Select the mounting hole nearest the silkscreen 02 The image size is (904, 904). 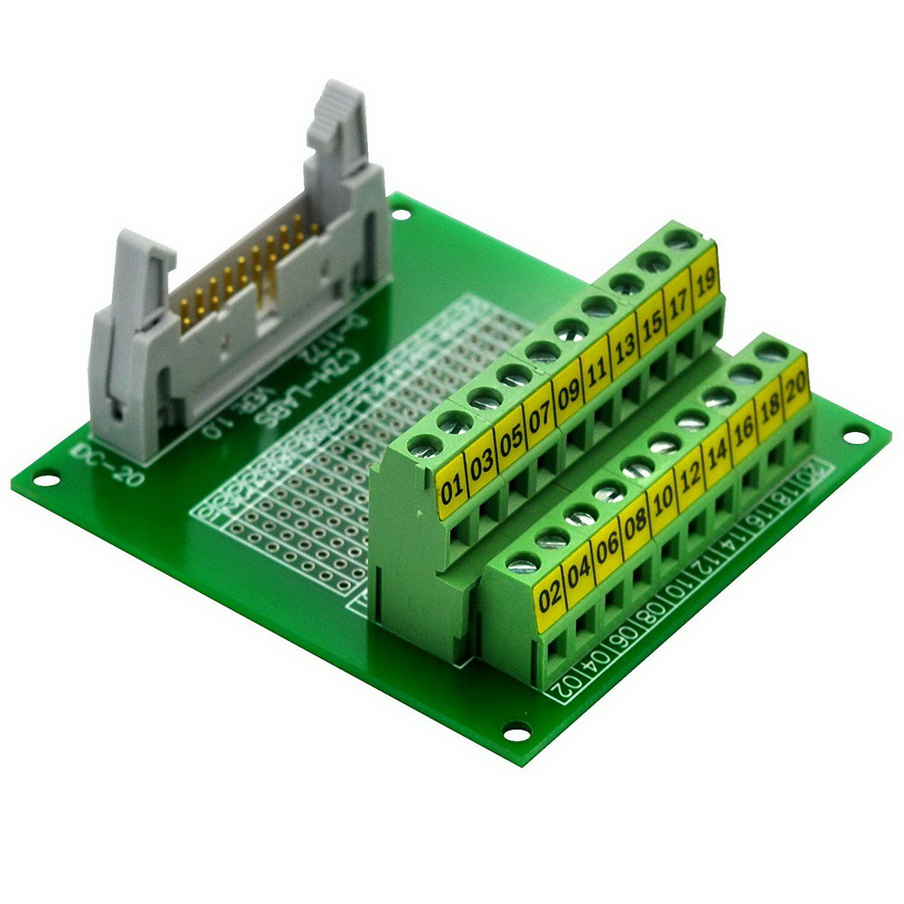click(x=516, y=731)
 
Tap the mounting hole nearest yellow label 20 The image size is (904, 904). click(x=854, y=438)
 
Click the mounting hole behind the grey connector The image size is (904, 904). click(x=401, y=213)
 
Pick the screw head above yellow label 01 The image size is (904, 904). click(x=422, y=445)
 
